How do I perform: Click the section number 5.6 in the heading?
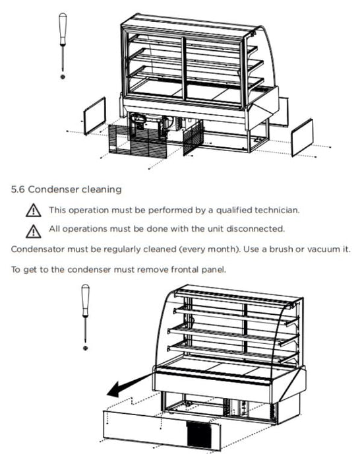point(18,189)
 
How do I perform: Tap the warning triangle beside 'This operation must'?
point(33,211)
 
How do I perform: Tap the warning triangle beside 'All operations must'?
point(33,231)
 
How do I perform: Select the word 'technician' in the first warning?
point(277,210)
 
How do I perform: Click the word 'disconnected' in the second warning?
point(256,228)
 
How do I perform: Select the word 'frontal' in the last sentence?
point(185,269)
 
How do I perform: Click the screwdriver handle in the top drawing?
point(63,29)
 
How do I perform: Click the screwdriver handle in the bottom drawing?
point(85,300)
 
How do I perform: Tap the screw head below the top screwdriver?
point(63,77)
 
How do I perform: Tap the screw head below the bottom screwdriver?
point(85,348)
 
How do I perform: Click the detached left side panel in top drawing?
point(95,116)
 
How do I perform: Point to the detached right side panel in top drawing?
point(302,137)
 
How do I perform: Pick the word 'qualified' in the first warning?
point(234,211)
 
